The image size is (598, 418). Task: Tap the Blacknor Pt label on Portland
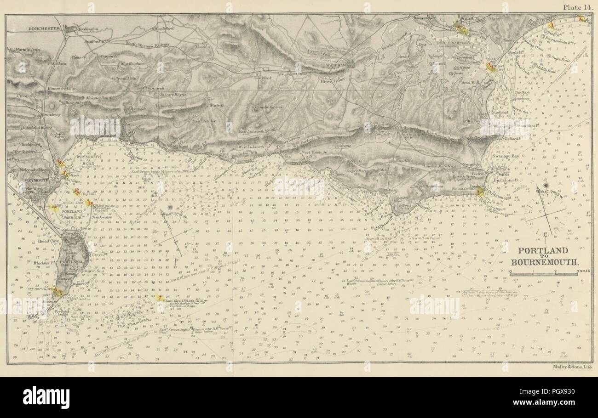pos(43,263)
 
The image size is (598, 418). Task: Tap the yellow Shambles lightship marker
pos(160,298)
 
